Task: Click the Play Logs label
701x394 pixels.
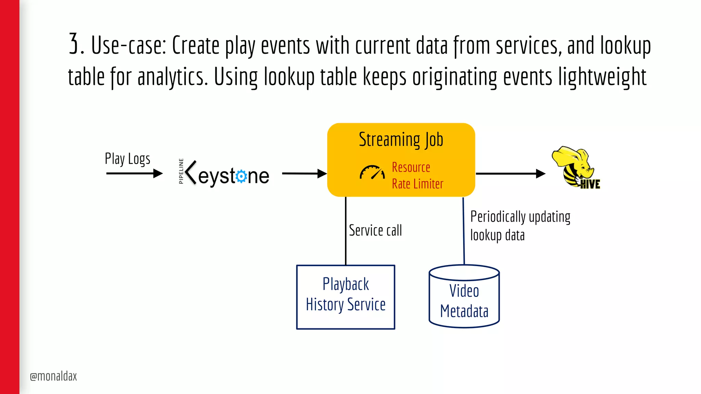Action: pyautogui.click(x=127, y=159)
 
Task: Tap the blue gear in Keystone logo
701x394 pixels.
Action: pyautogui.click(x=241, y=176)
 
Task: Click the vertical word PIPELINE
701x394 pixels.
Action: pyautogui.click(x=181, y=171)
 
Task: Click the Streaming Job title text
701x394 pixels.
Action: pyautogui.click(x=401, y=140)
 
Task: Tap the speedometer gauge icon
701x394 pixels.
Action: pyautogui.click(x=372, y=172)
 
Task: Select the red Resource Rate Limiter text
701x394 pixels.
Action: pyautogui.click(x=417, y=175)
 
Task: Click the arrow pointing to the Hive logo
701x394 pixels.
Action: pyautogui.click(x=510, y=174)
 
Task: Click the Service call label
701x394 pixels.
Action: pyautogui.click(x=375, y=231)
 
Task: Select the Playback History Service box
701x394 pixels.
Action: pyautogui.click(x=346, y=297)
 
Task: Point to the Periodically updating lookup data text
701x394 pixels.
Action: pyautogui.click(x=520, y=226)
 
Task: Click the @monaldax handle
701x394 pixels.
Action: pyautogui.click(x=53, y=376)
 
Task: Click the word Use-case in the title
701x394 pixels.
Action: pyautogui.click(x=128, y=45)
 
